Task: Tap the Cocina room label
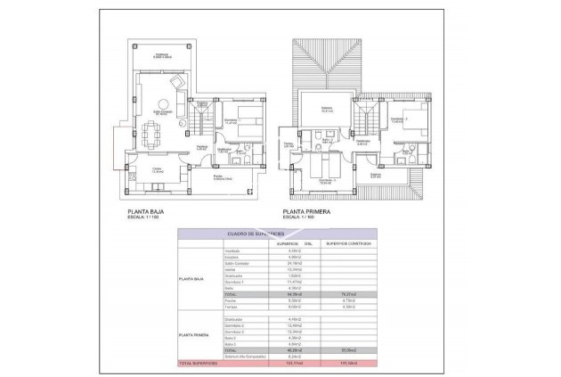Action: [157, 170]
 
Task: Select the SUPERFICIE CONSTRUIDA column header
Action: [346, 242]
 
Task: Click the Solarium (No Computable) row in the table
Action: [245, 357]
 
